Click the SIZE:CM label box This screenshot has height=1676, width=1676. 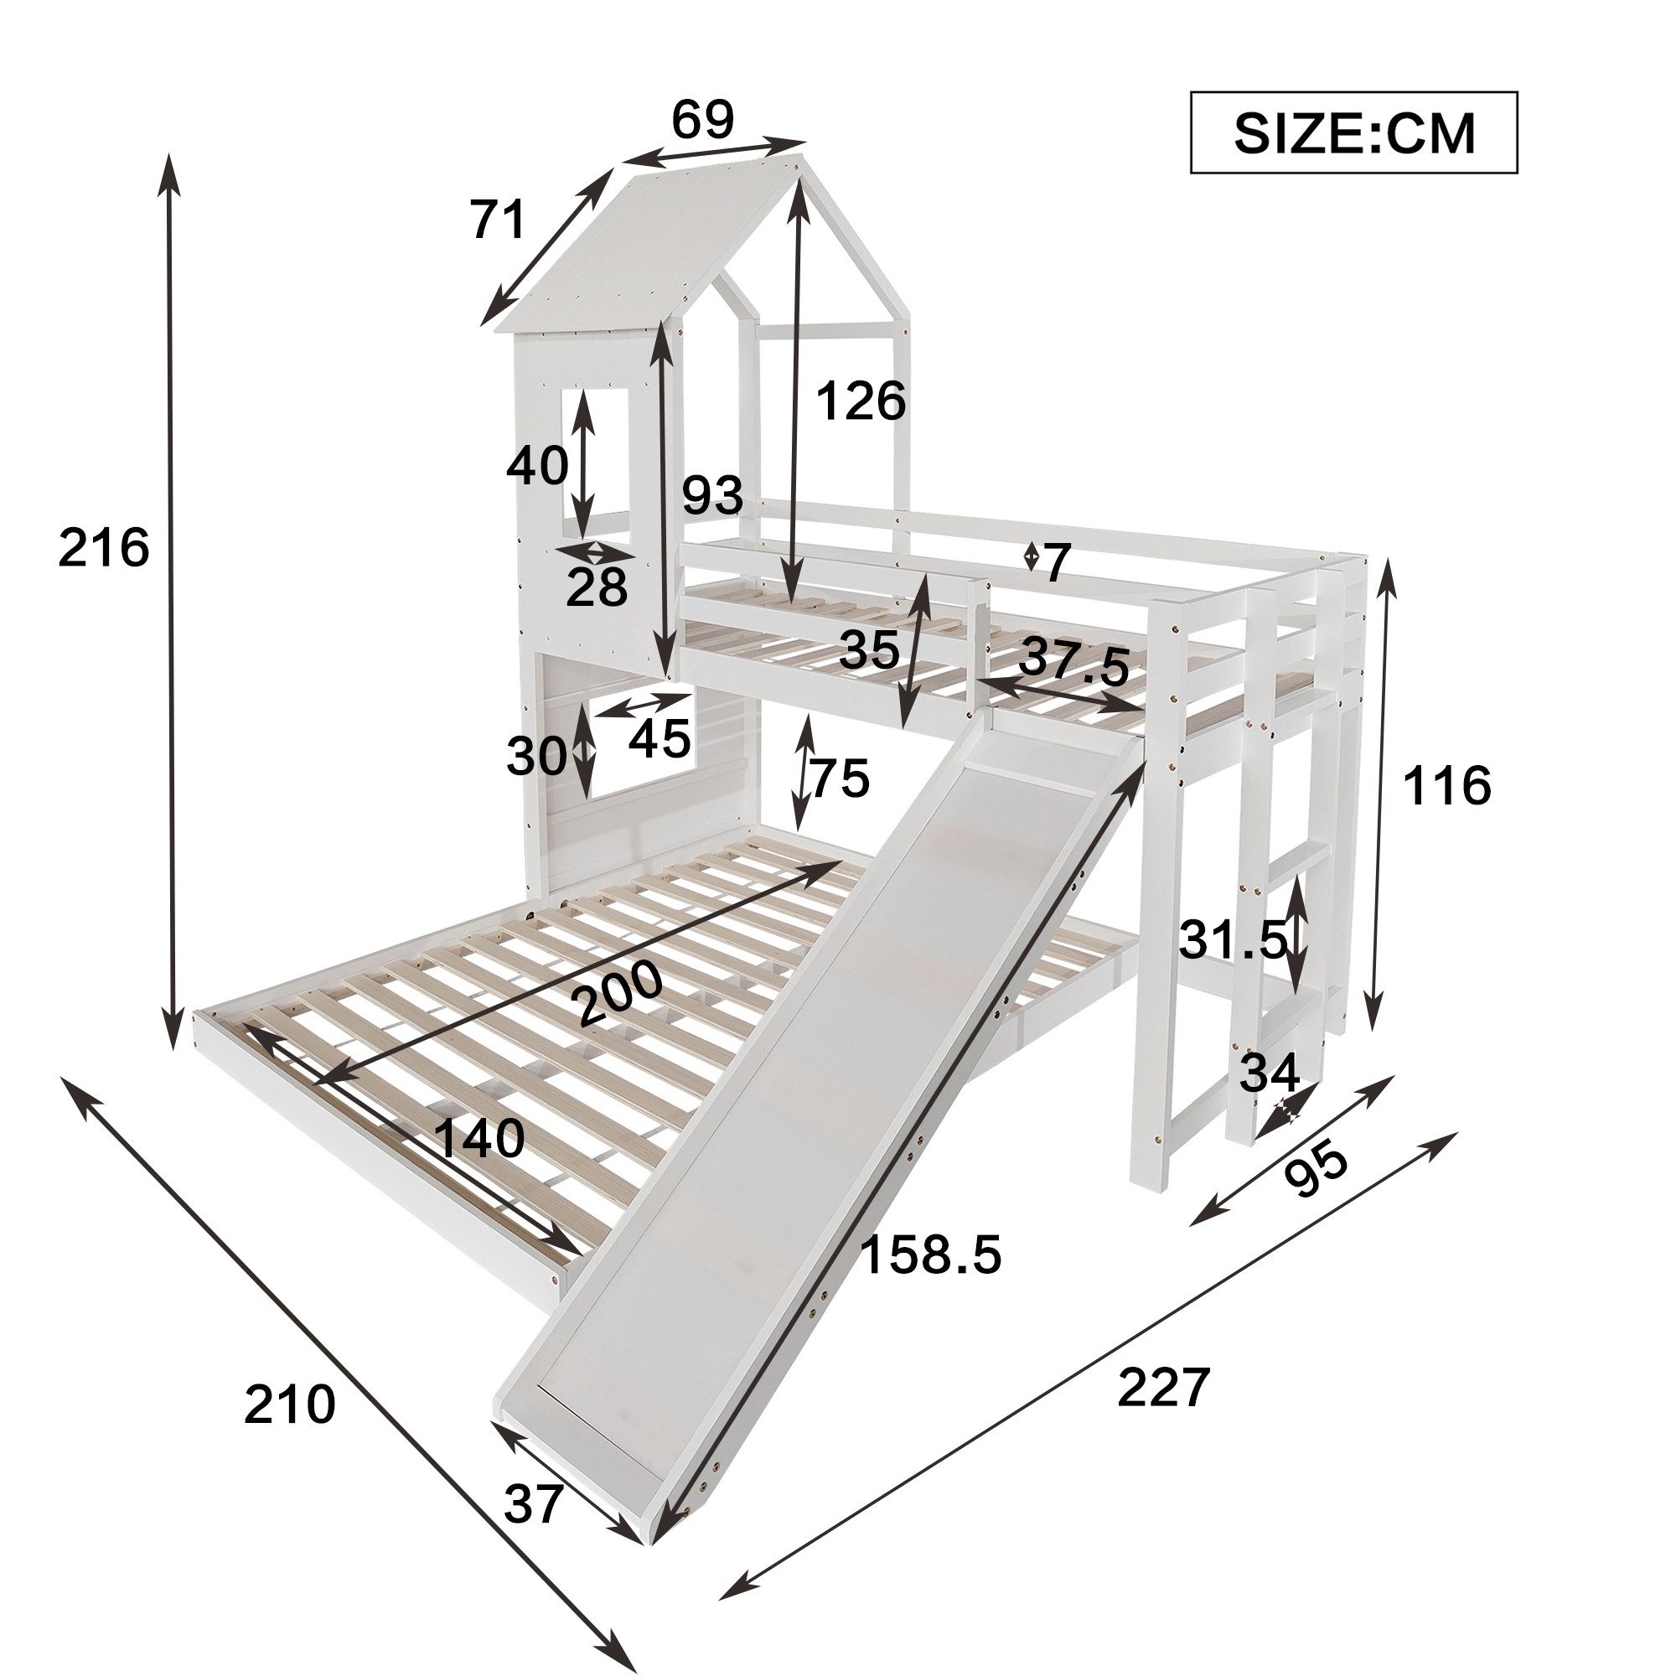pyautogui.click(x=1353, y=132)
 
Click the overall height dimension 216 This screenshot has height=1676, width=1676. pyautogui.click(x=104, y=549)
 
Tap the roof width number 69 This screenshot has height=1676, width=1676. pyautogui.click(x=703, y=120)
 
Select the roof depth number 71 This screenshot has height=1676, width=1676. pyautogui.click(x=499, y=220)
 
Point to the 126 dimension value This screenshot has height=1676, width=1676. pyautogui.click(x=861, y=401)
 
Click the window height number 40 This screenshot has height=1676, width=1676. pyautogui.click(x=537, y=465)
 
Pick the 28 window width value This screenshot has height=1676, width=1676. pyautogui.click(x=596, y=588)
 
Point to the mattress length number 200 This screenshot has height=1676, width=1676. pyautogui.click(x=619, y=995)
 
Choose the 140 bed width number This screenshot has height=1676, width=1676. pyautogui.click(x=478, y=1138)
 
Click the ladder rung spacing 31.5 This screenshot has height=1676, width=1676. pyautogui.click(x=1232, y=939)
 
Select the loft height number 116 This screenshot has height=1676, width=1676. pyautogui.click(x=1446, y=787)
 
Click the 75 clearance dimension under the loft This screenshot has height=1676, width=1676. pyautogui.click(x=838, y=778)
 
